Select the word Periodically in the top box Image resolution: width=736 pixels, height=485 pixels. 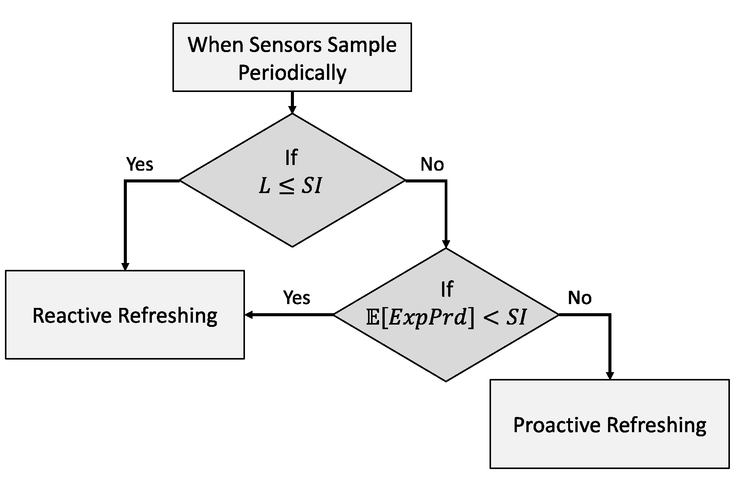point(292,72)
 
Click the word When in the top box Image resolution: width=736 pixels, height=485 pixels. point(215,45)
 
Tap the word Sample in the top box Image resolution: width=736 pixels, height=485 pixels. point(362,45)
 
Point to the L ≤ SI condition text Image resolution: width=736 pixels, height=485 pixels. point(291,187)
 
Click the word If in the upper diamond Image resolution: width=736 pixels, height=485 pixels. point(291,157)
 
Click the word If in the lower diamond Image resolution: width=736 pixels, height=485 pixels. point(447,289)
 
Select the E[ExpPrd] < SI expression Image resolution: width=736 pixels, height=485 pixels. point(446,317)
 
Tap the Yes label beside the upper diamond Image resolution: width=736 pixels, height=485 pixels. point(140,164)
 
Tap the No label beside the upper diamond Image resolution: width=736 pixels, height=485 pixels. point(432,164)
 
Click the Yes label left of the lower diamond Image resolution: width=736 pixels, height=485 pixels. point(297,297)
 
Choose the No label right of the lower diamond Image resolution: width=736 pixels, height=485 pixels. point(580,297)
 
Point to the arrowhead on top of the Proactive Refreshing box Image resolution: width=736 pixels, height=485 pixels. point(610,375)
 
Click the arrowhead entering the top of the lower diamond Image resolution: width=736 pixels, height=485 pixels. point(446,244)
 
